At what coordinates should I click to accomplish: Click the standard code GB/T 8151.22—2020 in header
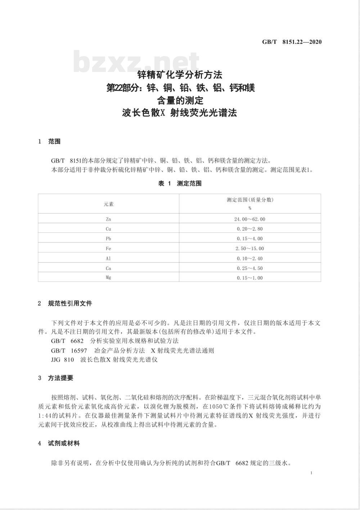pyautogui.click(x=292, y=42)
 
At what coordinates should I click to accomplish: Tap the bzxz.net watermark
pyautogui.click(x=136, y=63)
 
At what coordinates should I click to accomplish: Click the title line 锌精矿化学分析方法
pyautogui.click(x=180, y=75)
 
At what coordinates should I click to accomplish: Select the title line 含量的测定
pyautogui.click(x=180, y=100)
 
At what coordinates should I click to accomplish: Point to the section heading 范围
pyautogui.click(x=54, y=142)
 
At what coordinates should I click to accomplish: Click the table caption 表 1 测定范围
pyautogui.click(x=180, y=183)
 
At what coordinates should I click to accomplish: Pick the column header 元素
pyautogui.click(x=108, y=204)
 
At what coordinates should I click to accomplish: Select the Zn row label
pyautogui.click(x=108, y=219)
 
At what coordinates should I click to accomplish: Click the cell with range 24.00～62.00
pyautogui.click(x=250, y=219)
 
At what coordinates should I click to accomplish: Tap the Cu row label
pyautogui.click(x=108, y=229)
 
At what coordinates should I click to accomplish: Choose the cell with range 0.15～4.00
pyautogui.click(x=250, y=238)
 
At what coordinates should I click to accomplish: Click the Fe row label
pyautogui.click(x=108, y=249)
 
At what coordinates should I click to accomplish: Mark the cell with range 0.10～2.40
pyautogui.click(x=250, y=258)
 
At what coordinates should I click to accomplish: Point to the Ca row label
pyautogui.click(x=108, y=268)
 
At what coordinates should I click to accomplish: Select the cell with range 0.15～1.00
pyautogui.click(x=250, y=278)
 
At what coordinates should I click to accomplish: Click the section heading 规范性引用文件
pyautogui.click(x=70, y=304)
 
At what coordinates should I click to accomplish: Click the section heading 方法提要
pyautogui.click(x=60, y=378)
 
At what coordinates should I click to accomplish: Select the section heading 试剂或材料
pyautogui.click(x=64, y=443)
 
